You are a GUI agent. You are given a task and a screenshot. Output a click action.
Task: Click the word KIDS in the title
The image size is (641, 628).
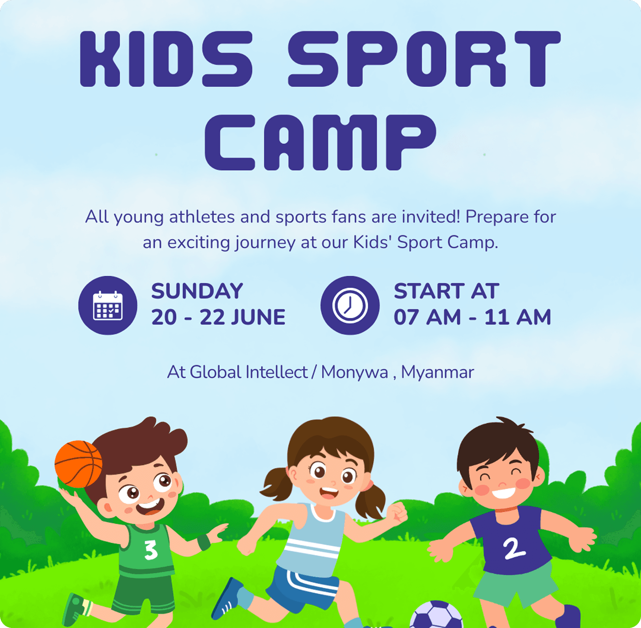pos(166,59)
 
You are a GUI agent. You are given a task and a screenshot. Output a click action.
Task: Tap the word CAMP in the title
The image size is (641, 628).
pos(320,142)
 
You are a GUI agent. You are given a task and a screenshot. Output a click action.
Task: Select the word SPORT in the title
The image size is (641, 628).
pos(424,59)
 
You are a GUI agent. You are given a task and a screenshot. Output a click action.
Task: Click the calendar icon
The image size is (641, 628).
pos(108,306)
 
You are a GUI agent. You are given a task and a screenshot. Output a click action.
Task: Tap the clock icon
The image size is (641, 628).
pos(350,306)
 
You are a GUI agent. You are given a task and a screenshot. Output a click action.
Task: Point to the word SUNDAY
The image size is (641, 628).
pos(197,292)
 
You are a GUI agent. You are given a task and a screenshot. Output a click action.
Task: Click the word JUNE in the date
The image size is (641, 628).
pos(258,318)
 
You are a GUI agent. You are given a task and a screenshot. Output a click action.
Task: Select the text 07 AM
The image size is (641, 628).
pos(427,318)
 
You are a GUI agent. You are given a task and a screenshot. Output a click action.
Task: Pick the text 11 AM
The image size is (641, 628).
pos(517,318)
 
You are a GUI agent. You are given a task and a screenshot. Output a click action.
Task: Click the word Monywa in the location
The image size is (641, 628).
pos(354,372)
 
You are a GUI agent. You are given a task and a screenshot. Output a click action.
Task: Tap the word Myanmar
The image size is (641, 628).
pos(437,372)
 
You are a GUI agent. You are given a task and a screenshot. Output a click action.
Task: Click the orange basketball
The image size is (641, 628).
pos(78,464)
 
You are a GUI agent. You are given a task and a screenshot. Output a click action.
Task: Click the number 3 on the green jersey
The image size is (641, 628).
pos(151,550)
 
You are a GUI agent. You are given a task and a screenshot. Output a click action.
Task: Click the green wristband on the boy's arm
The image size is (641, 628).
pos(204,543)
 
